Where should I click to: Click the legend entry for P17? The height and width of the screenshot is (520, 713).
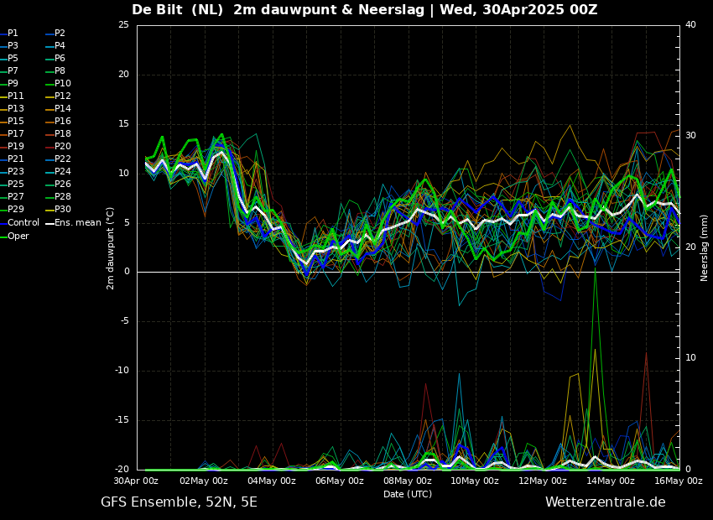tap(16, 134)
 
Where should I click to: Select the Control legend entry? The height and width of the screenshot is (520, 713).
tap(23, 223)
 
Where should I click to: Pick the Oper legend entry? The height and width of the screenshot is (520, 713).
tap(18, 237)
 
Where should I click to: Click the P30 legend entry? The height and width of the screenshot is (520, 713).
tap(63, 210)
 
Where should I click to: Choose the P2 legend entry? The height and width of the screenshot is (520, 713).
tap(60, 34)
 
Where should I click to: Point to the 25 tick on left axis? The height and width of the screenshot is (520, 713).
tap(123, 25)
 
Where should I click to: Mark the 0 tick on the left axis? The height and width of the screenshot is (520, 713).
tap(126, 272)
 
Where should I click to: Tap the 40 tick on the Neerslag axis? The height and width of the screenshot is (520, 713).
tap(690, 25)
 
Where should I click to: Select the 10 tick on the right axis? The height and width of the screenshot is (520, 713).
tap(690, 358)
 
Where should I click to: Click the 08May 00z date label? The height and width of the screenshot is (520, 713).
tap(408, 481)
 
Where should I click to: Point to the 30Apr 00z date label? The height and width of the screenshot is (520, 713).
tap(136, 481)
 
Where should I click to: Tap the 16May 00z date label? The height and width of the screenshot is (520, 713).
tap(679, 481)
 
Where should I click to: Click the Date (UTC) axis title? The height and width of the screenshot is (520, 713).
tap(408, 494)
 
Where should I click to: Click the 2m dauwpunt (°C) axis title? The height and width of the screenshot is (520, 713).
tap(111, 247)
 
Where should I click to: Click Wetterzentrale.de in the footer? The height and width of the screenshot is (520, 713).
tap(605, 502)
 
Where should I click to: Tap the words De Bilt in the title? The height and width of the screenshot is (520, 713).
tap(158, 10)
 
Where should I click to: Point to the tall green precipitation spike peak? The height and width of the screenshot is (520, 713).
tap(595, 270)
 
